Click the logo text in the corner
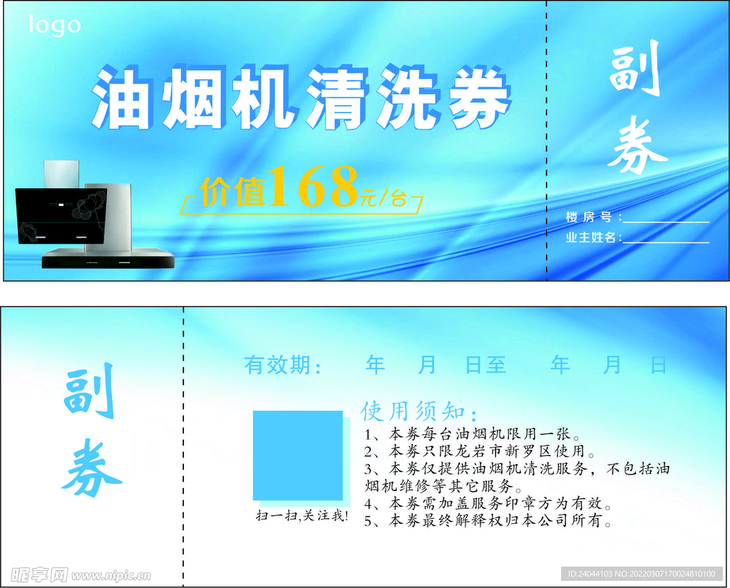pyautogui.click(x=54, y=26)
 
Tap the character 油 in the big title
pyautogui.click(x=121, y=99)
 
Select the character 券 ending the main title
pyautogui.click(x=479, y=99)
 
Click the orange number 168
pyautogui.click(x=314, y=187)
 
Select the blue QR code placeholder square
pyautogui.click(x=298, y=455)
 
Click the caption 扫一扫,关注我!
pyautogui.click(x=302, y=515)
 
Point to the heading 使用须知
pyautogui.click(x=418, y=411)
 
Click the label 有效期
pyautogui.click(x=282, y=366)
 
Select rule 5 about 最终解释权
pyautogui.click(x=488, y=522)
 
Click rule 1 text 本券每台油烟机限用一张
pyautogui.click(x=473, y=435)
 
